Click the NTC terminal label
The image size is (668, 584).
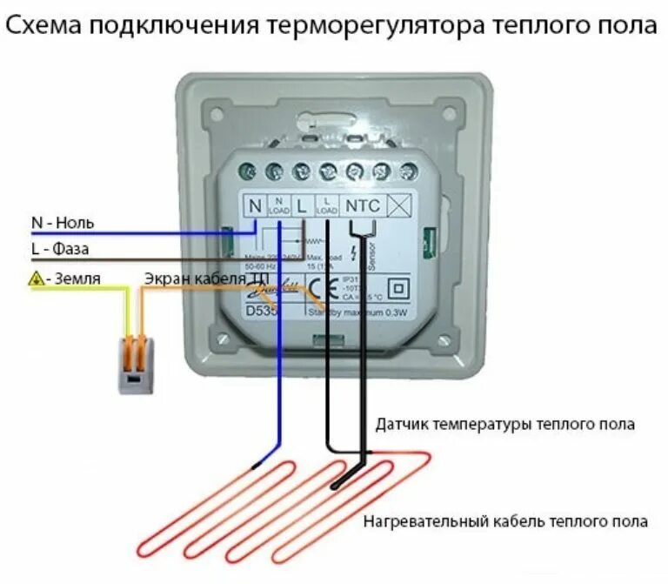tap(362, 206)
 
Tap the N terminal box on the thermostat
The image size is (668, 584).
tap(255, 206)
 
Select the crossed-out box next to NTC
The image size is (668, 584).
tap(397, 206)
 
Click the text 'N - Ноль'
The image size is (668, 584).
tap(63, 223)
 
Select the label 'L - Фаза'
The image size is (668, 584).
tap(60, 250)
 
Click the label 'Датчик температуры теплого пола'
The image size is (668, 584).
tap(505, 425)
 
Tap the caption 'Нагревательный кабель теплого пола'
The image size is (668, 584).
tap(505, 521)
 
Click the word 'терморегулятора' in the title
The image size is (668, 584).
tap(374, 26)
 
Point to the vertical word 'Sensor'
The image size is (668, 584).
tap(371, 257)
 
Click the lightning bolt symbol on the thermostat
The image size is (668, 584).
tap(351, 253)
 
